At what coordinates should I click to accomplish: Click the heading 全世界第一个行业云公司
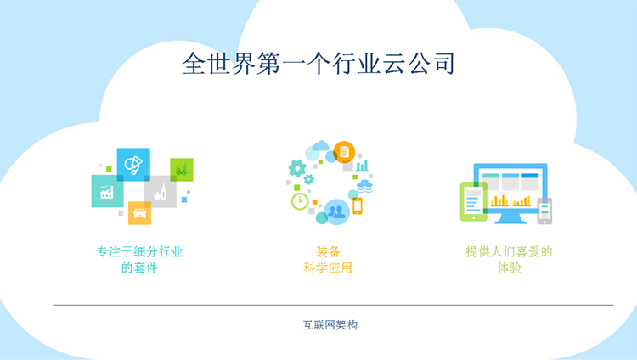318,64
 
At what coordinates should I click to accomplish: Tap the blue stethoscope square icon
133,164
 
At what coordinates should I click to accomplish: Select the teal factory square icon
107,191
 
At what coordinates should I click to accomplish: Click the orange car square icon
140,213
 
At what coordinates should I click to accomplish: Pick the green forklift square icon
182,170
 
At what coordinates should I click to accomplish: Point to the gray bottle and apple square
161,191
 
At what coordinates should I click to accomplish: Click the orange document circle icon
344,152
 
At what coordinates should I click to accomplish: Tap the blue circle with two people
337,211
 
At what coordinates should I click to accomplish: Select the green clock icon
300,201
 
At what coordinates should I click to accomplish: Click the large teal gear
297,168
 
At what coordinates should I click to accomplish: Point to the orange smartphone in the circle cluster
358,205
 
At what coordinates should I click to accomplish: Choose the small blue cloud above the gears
321,145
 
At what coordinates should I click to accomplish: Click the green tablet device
474,201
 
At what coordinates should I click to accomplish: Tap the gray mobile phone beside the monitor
544,211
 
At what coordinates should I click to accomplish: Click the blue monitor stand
510,218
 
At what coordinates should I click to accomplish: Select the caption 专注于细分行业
139,252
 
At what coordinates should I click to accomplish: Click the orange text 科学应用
328,268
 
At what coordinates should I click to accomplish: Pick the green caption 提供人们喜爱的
509,252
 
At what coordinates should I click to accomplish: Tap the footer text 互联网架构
330,325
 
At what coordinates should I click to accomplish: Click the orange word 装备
328,252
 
